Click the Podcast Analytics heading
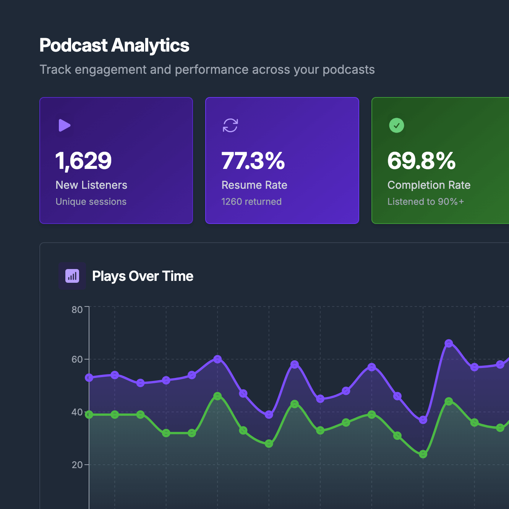114,45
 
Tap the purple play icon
64,125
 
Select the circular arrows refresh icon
230,125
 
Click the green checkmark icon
396,125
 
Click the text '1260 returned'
251,202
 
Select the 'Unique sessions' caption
91,202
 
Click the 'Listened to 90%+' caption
425,202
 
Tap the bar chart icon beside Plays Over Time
72,276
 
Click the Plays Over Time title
143,276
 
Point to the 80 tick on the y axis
77,310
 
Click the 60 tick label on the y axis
77,359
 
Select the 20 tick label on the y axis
77,465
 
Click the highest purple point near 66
449,344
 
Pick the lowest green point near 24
423,454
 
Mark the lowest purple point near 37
423,420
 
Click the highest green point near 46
217,396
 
